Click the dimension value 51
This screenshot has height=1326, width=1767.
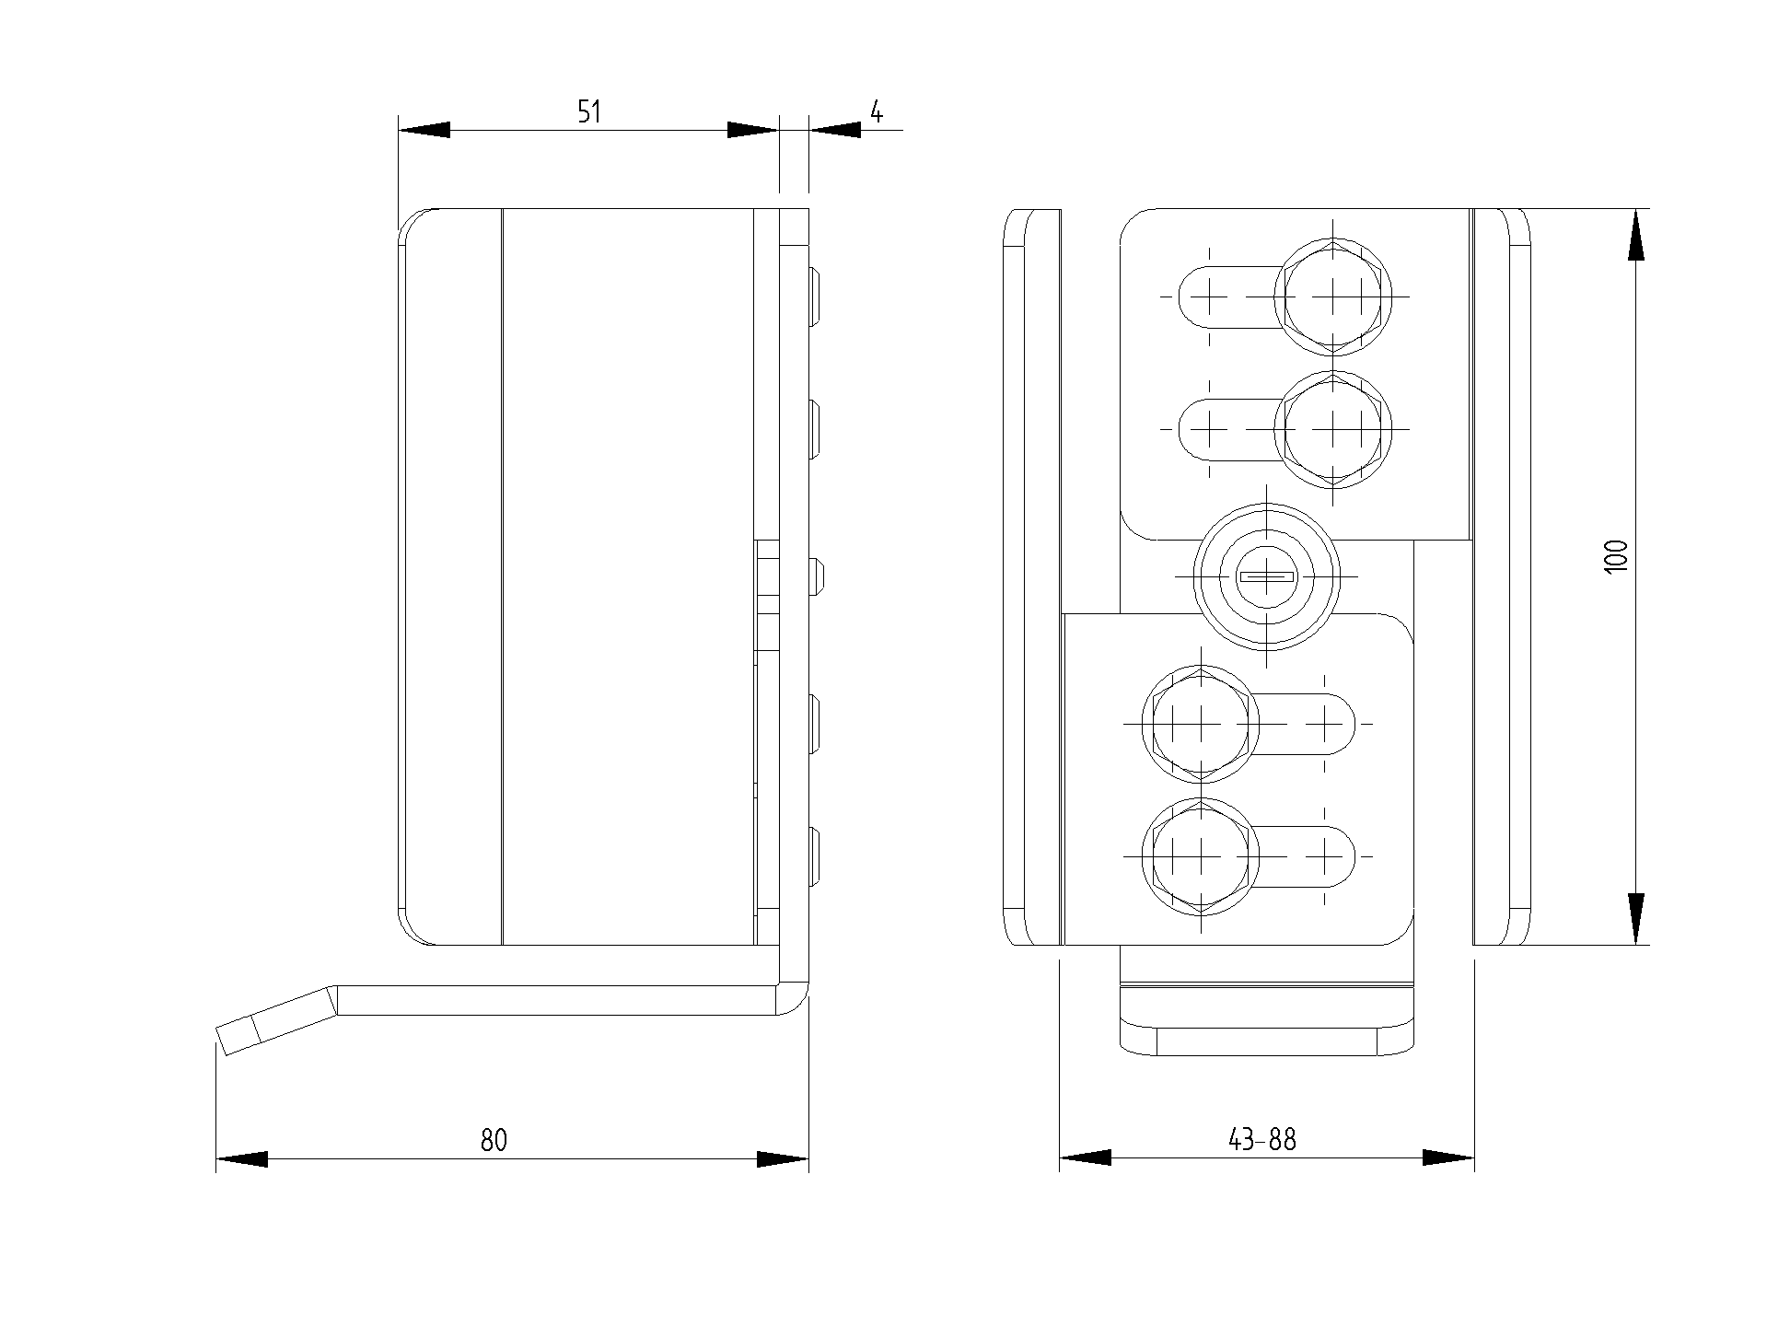[588, 112]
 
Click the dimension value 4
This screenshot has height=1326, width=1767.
[877, 112]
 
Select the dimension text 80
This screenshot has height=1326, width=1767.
[494, 1140]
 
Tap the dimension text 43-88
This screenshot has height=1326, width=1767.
[1261, 1140]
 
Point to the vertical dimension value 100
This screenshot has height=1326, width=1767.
[1616, 557]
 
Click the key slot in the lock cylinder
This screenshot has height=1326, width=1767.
[1267, 576]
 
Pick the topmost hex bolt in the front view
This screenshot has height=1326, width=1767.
[1332, 297]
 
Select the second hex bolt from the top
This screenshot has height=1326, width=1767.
[1332, 429]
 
